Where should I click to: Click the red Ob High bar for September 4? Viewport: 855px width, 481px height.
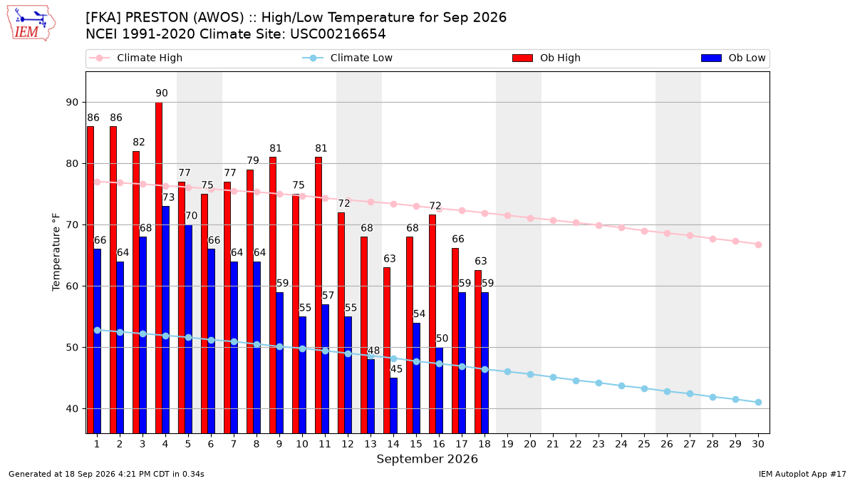point(159,268)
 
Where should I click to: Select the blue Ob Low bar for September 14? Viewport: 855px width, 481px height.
point(393,405)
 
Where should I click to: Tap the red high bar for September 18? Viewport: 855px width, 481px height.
point(478,351)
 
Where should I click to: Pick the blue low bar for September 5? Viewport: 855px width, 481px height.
point(189,329)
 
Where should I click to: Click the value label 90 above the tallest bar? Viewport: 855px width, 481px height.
point(162,93)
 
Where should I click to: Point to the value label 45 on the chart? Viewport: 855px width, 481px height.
point(396,369)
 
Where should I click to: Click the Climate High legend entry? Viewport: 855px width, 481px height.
point(136,58)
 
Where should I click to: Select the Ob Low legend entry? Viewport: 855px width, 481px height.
point(733,58)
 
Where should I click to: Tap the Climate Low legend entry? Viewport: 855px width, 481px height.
point(348,58)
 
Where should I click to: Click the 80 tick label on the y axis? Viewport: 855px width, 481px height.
point(72,163)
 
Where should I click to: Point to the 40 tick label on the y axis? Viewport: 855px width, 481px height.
point(72,409)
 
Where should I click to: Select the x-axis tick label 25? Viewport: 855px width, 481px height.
point(644,444)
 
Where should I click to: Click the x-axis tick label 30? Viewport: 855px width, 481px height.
point(758,444)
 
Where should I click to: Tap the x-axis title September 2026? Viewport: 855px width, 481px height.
point(427,459)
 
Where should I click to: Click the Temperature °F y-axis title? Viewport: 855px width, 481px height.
point(56,252)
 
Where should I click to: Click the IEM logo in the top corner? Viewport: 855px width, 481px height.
point(31,24)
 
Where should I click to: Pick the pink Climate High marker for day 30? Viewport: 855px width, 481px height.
point(758,244)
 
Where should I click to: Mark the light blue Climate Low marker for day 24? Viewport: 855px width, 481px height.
point(621,386)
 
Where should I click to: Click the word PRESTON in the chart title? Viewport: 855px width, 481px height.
point(157,18)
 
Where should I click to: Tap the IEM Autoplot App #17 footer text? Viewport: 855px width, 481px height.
point(802,474)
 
